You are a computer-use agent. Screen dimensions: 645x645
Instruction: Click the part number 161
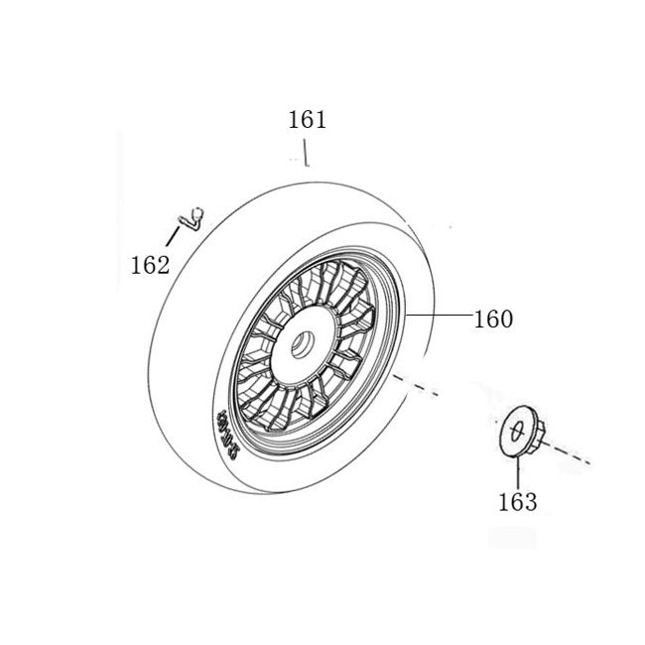click(307, 121)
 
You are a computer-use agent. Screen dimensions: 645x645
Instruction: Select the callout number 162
click(150, 265)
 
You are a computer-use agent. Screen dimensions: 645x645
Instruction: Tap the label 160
click(493, 320)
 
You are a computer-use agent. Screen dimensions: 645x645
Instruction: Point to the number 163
click(517, 502)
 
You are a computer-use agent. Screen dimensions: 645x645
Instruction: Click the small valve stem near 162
click(193, 216)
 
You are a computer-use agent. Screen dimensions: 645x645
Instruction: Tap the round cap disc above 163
click(515, 431)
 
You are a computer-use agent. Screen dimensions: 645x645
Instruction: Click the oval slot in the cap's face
click(515, 430)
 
